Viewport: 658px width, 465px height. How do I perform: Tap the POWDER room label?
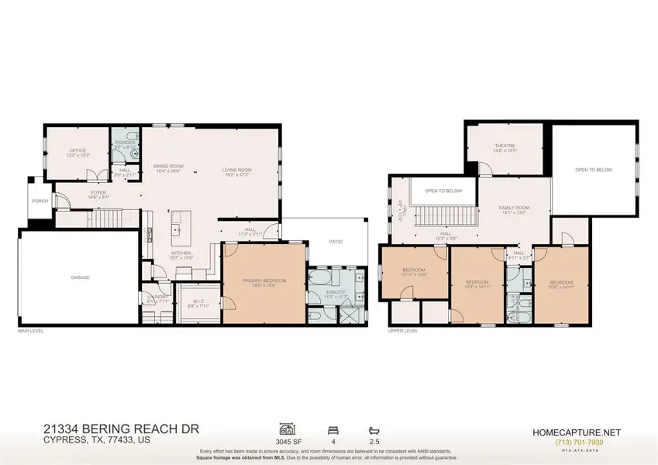pyautogui.click(x=125, y=143)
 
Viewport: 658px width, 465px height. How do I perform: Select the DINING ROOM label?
pyautogui.click(x=167, y=167)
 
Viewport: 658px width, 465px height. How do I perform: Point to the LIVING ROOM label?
pyautogui.click(x=236, y=170)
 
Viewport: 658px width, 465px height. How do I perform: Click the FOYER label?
pyautogui.click(x=98, y=192)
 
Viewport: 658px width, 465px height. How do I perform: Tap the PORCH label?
pyautogui.click(x=40, y=201)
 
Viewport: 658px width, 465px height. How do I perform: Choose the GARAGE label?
pyautogui.click(x=80, y=277)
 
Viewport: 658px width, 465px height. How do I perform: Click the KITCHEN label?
pyautogui.click(x=181, y=253)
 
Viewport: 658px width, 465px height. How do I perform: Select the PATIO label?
pyautogui.click(x=336, y=242)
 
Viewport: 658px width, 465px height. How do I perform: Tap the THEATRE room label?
pyautogui.click(x=505, y=146)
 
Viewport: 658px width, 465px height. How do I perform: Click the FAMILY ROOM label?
pyautogui.click(x=513, y=208)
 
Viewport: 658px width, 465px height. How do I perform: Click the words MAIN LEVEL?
pyautogui.click(x=31, y=331)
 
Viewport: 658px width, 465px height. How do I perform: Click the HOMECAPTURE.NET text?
pyautogui.click(x=576, y=432)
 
